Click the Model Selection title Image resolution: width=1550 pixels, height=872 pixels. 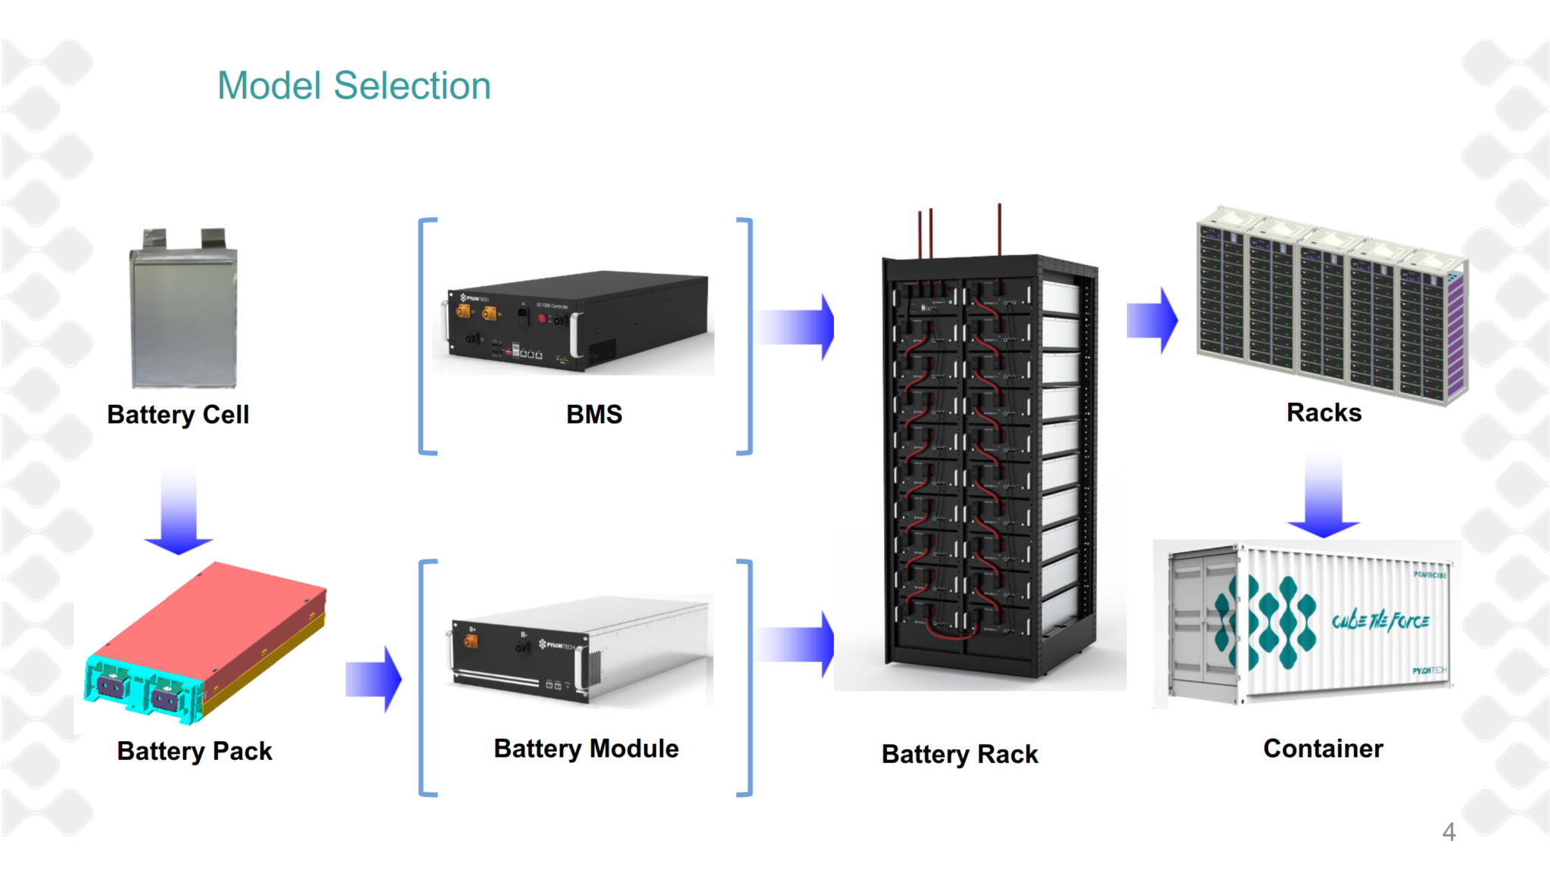pos(353,86)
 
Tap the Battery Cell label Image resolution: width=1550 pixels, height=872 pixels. pos(178,415)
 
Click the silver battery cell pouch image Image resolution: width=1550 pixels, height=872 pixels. pos(184,318)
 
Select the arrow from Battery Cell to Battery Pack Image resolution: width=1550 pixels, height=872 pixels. pos(179,511)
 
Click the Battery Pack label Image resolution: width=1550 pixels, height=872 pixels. pos(195,751)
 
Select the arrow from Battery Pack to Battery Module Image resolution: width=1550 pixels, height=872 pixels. pos(374,679)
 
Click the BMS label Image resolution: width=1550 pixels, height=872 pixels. pos(594,414)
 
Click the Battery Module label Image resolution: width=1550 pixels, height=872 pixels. pos(586,749)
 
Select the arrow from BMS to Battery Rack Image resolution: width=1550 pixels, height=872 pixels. pos(795,327)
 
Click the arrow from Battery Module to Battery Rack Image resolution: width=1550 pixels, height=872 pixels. pos(795,644)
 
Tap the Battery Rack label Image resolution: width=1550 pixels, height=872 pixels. pos(960,754)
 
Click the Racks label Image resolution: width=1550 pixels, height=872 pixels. pos(1324,413)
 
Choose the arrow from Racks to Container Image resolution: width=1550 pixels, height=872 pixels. pos(1324,496)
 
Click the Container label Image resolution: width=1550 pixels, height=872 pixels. pos(1323,749)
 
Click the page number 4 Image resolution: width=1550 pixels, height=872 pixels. pos(1449,832)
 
